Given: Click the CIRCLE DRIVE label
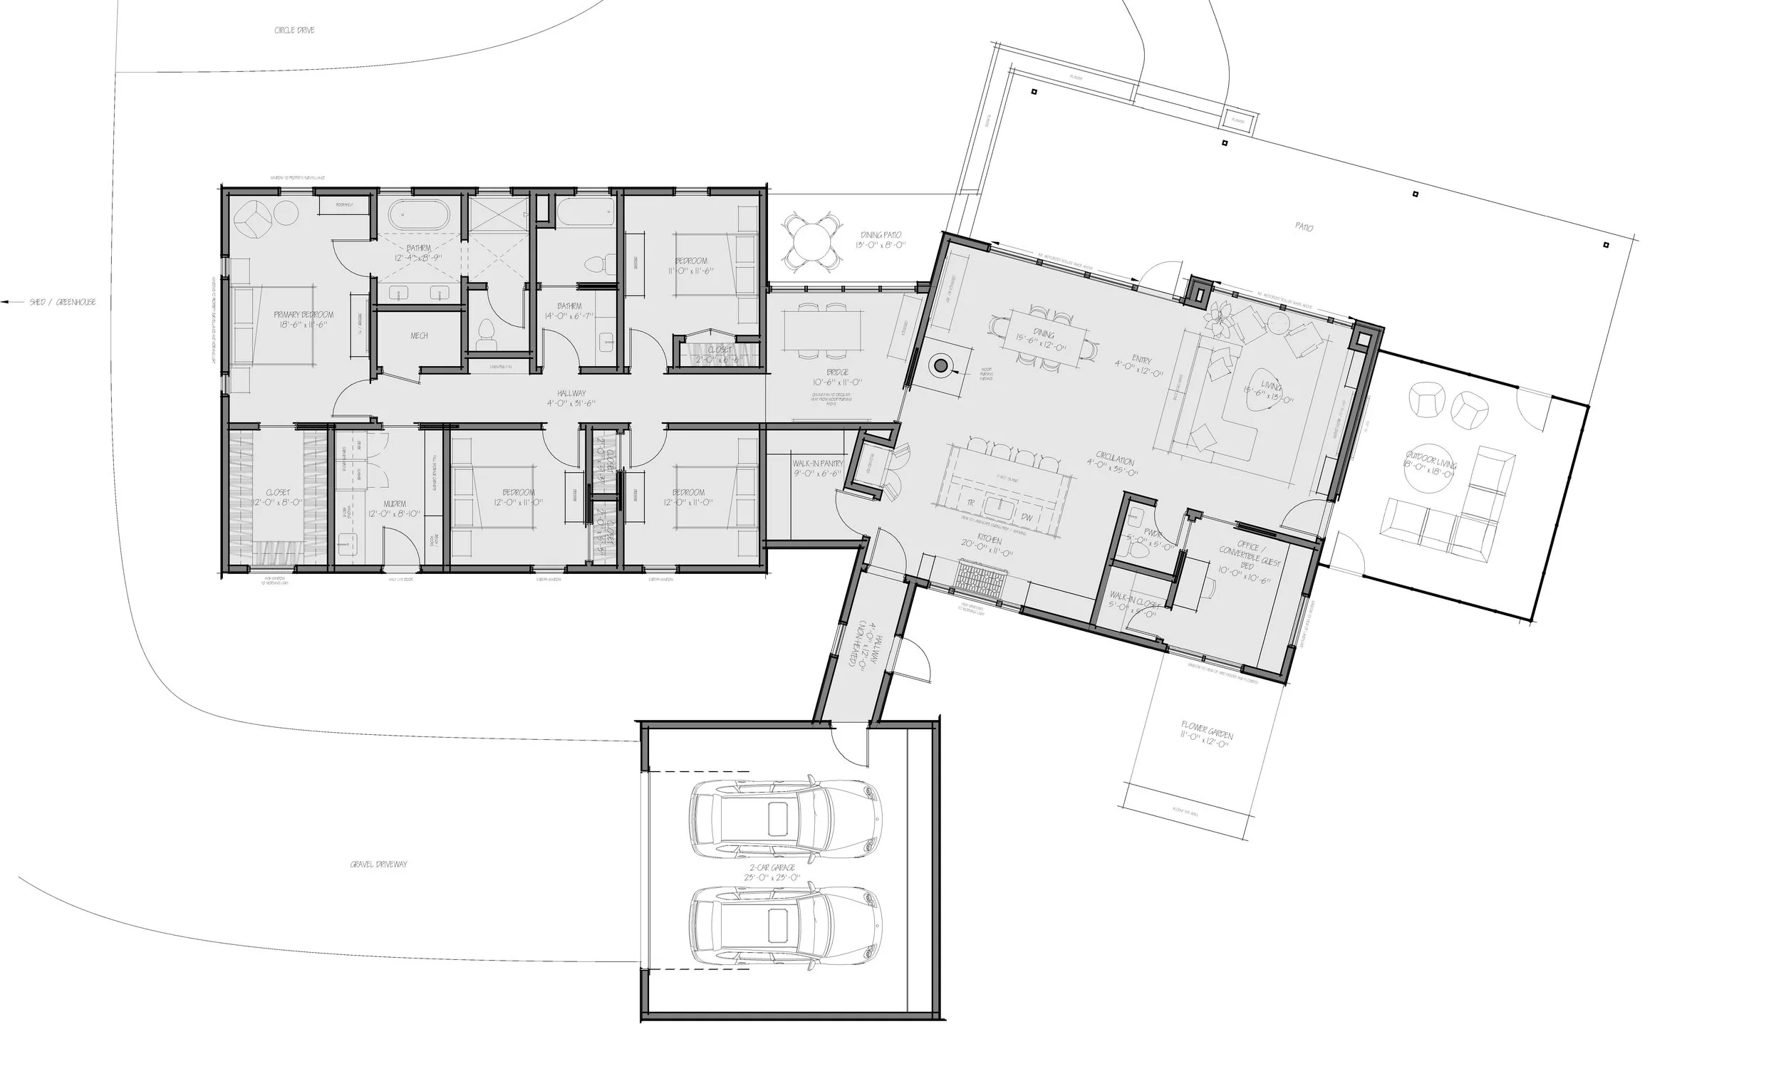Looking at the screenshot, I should pos(294,31).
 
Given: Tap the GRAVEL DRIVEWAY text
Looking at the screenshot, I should pos(378,865).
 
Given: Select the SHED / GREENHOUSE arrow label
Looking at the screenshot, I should pos(61,302).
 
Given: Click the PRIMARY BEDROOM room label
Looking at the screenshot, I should pos(303,315).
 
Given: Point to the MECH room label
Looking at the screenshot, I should pos(419,336).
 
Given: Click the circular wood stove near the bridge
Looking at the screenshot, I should pos(940,366).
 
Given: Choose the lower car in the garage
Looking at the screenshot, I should pos(786,926).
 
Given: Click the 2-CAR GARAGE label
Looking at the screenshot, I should pos(773,867).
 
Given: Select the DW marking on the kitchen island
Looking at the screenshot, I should pos(1027,517).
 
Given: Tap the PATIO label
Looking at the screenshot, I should pos(1304,227).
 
